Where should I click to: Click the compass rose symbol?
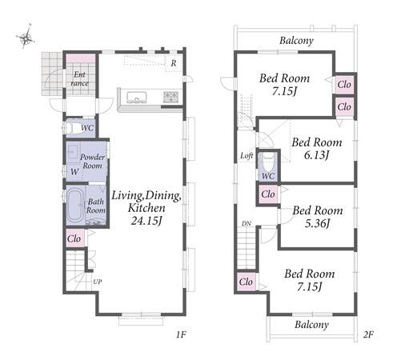(26, 37)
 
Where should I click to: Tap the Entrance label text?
(79, 78)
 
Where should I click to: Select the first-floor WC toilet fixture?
(68, 128)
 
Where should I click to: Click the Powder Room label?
(92, 161)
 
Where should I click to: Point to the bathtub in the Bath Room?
(74, 205)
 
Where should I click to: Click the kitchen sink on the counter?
(136, 98)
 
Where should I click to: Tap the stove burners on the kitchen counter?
(170, 96)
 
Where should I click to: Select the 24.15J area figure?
(146, 221)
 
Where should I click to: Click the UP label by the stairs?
(98, 282)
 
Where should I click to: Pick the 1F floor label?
(181, 334)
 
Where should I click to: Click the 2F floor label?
(368, 334)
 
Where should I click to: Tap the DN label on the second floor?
(247, 224)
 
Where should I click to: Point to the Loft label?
(247, 155)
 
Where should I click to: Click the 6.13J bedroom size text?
(316, 155)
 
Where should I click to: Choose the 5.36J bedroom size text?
(318, 223)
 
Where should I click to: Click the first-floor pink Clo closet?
(74, 238)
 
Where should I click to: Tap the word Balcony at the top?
(296, 41)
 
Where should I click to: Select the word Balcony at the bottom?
(311, 325)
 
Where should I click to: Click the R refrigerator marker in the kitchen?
(174, 63)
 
